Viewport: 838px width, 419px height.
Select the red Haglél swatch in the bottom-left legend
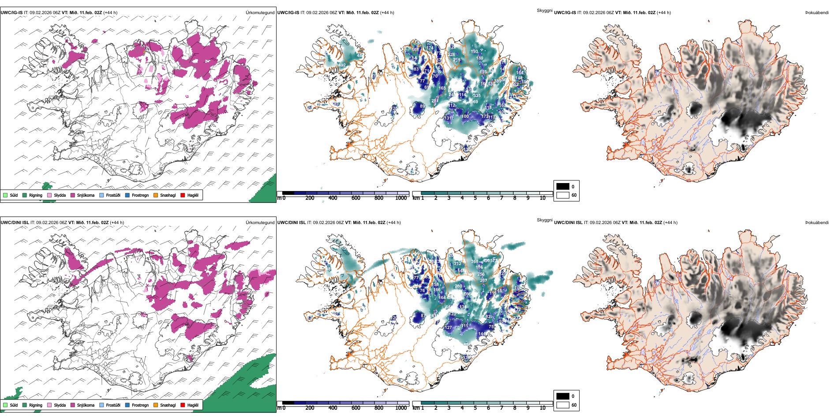183,405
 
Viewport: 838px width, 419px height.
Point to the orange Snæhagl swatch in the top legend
156,195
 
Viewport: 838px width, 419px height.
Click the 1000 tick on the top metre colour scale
401,198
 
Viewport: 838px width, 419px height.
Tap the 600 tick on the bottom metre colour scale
355,408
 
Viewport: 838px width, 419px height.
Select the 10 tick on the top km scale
542,198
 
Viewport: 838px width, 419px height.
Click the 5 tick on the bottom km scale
475,408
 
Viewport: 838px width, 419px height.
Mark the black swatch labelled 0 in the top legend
563,187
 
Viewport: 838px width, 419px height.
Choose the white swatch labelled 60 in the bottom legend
563,405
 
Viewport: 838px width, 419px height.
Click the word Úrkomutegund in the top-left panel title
260,13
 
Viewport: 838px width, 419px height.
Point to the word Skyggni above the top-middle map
544,11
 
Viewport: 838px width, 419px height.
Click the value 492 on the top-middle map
342,65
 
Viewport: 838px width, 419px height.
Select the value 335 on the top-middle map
477,96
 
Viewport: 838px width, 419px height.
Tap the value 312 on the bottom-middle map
457,264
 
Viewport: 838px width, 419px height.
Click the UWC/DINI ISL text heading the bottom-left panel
15,223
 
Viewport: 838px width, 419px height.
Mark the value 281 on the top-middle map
435,101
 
